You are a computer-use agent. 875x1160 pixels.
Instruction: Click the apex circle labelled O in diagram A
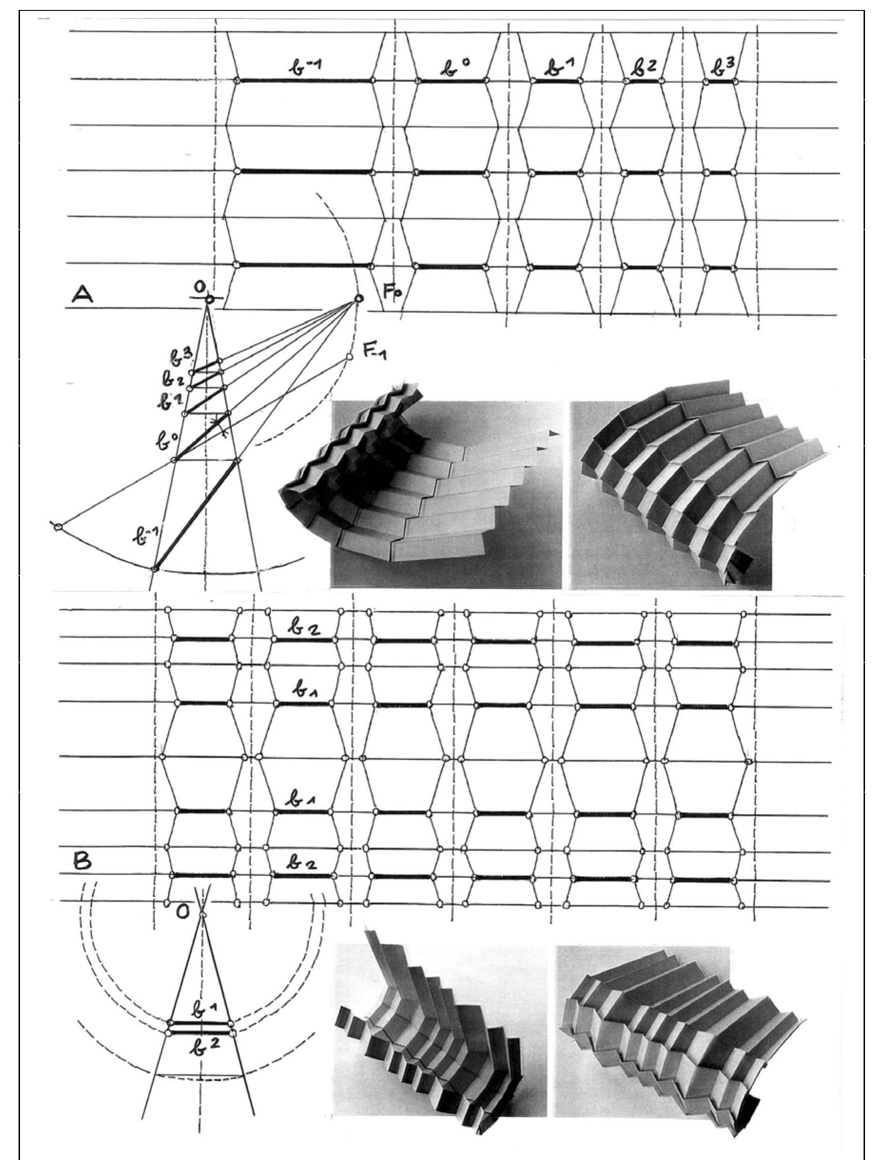(x=209, y=299)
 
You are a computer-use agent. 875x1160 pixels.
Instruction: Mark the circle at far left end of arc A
(x=58, y=526)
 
